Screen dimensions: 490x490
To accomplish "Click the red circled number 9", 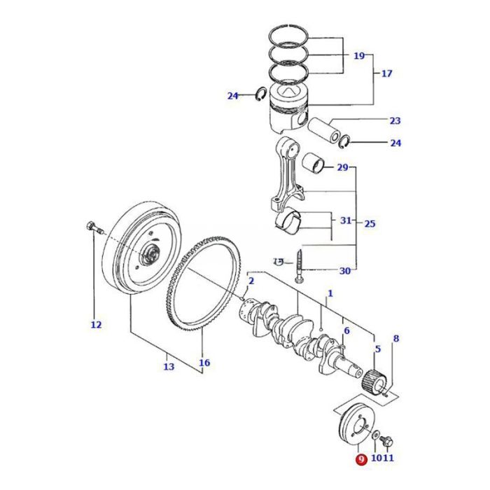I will [360, 460].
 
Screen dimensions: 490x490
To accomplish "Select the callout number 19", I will [359, 55].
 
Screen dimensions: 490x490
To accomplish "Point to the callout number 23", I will [395, 120].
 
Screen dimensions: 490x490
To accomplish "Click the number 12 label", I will [96, 324].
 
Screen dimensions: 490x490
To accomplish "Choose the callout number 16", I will [204, 363].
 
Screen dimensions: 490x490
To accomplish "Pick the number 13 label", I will [168, 367].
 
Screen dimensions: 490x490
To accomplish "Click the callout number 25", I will [370, 224].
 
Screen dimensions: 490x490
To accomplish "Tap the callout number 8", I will [395, 339].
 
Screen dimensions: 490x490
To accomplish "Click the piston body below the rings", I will [288, 116].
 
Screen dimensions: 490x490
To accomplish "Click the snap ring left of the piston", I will [258, 95].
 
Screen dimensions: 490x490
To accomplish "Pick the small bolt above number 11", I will [388, 442].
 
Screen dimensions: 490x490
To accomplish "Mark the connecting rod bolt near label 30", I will [300, 266].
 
